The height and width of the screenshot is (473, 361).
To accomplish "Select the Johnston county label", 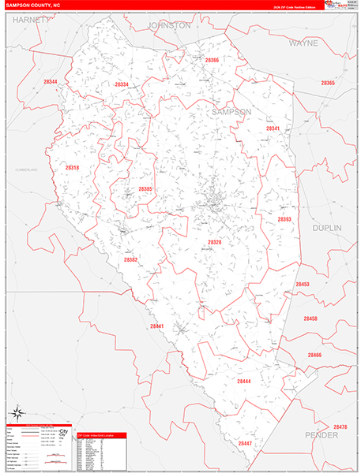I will point(169,25).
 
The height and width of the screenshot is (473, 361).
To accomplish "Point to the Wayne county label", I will point(303,43).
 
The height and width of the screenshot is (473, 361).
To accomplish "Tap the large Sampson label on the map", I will point(231,112).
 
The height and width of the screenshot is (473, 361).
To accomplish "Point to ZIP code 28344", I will point(51,82).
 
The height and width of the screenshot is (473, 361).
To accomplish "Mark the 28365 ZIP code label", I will point(328,83).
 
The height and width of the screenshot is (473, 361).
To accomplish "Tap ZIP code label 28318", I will point(72,168).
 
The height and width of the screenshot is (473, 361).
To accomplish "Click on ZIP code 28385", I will point(145,189).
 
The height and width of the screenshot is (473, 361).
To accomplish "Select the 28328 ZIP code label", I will point(215,242).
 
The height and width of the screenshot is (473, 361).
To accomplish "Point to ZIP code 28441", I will point(156,326).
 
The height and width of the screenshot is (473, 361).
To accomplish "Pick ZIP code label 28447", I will point(244,443).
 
